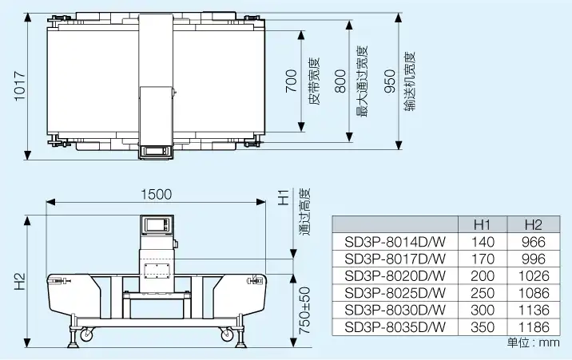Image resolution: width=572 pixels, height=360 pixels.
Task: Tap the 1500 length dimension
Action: (x=156, y=194)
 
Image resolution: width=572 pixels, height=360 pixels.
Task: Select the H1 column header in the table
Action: (x=481, y=225)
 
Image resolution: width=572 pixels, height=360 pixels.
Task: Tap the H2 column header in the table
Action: (x=532, y=225)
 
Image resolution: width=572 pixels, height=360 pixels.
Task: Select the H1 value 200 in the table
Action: (x=484, y=276)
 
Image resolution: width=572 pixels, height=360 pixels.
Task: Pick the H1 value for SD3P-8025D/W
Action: (x=484, y=293)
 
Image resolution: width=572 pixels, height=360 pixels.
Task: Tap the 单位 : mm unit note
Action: (x=533, y=343)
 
